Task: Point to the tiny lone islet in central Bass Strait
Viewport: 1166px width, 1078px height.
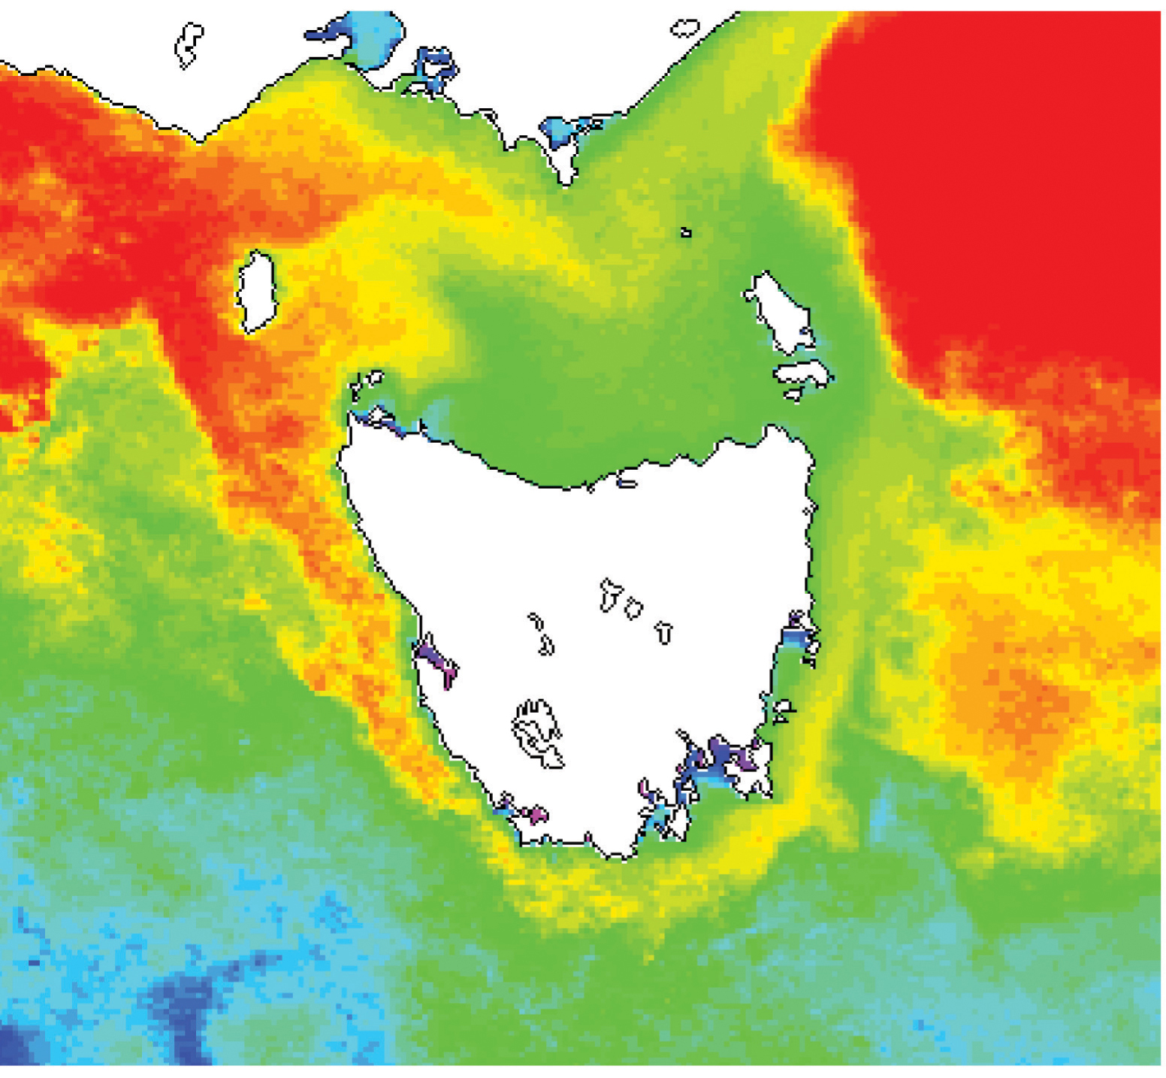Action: (x=685, y=232)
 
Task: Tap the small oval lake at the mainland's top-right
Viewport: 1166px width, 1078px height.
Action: (x=684, y=29)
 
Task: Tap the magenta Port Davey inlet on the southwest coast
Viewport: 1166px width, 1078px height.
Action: (x=536, y=813)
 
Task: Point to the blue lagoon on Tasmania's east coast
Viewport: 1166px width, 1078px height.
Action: (x=798, y=635)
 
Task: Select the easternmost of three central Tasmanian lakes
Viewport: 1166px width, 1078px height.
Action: (x=663, y=633)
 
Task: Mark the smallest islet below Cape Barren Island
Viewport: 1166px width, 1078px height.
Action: (x=793, y=394)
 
